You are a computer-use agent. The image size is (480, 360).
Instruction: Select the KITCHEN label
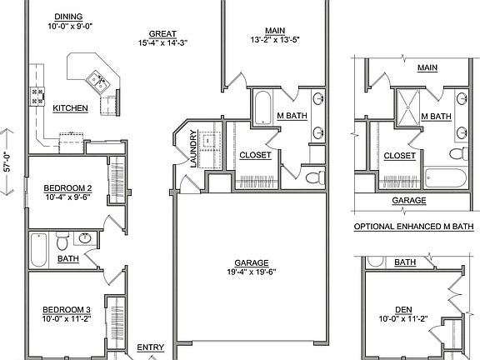tap(72, 108)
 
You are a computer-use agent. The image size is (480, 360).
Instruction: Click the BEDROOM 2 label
tap(67, 188)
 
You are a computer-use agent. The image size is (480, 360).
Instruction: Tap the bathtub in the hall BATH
tap(40, 247)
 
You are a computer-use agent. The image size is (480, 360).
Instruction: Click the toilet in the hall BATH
tap(62, 242)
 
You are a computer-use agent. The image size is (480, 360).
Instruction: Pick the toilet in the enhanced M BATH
tap(457, 155)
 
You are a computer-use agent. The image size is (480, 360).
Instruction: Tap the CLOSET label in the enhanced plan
tap(400, 156)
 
